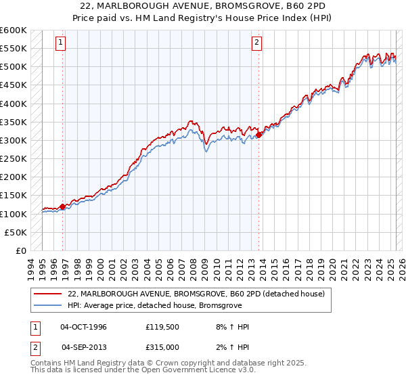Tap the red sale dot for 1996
pyautogui.click(x=63, y=206)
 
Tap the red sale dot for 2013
pyautogui.click(x=259, y=135)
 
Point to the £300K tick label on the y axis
pyautogui.click(x=14, y=140)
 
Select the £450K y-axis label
pyautogui.click(x=14, y=104)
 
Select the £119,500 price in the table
pyautogui.click(x=161, y=327)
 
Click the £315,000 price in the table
pyautogui.click(x=161, y=347)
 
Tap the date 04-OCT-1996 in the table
pyautogui.click(x=84, y=327)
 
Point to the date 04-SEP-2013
pyautogui.click(x=84, y=347)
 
